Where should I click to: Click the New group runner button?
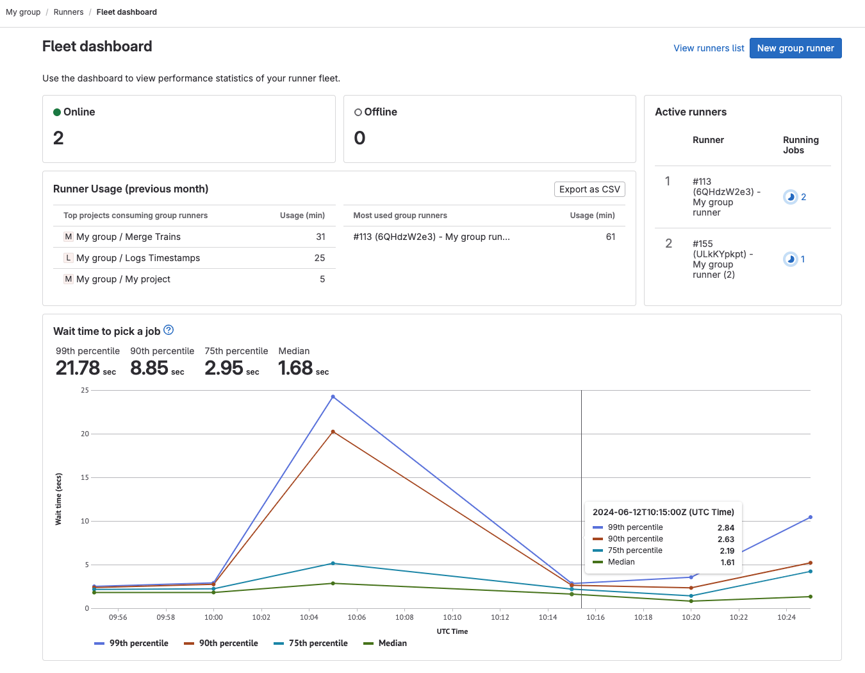coord(795,48)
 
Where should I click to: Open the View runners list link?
coord(709,48)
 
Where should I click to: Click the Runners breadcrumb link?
coord(69,12)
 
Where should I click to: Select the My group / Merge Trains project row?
coord(128,237)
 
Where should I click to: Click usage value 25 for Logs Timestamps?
coord(319,258)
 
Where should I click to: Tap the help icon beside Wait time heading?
coord(169,330)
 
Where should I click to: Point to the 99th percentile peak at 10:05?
coord(333,396)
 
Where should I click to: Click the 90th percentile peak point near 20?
coord(333,432)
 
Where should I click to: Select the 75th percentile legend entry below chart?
coord(311,643)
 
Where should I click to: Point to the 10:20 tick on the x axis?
coord(691,617)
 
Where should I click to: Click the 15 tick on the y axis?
coord(85,477)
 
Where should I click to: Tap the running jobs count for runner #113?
coord(803,197)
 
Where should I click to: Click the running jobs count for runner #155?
coord(802,259)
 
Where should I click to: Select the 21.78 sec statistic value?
coord(78,368)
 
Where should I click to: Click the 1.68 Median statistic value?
coord(295,368)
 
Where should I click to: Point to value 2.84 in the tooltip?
coord(725,527)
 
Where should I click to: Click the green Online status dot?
coord(57,112)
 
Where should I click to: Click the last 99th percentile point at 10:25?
coord(810,517)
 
